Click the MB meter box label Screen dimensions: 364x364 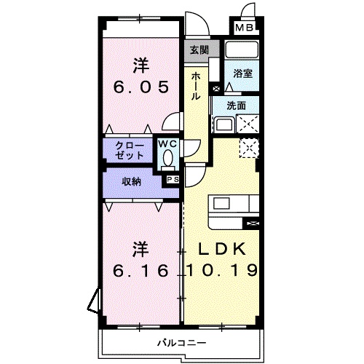(245, 28)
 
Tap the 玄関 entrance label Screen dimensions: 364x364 (199, 50)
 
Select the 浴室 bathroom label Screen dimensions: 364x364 (242, 74)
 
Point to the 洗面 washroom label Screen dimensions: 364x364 (236, 106)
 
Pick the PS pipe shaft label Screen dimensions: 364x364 (173, 180)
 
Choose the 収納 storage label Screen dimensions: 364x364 (131, 181)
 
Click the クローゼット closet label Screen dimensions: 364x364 (130, 151)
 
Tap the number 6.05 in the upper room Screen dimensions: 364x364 (141, 87)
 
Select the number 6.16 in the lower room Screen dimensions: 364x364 (141, 271)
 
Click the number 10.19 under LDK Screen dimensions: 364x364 (222, 270)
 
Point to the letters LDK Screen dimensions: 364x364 (222, 249)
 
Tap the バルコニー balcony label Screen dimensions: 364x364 (182, 343)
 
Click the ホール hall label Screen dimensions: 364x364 (196, 87)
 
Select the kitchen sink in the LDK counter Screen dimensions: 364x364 (221, 203)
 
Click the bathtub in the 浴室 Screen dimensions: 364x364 (242, 50)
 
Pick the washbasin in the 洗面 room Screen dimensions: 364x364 (224, 124)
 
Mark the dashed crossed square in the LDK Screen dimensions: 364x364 (249, 148)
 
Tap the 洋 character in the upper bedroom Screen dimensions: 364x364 (141, 66)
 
